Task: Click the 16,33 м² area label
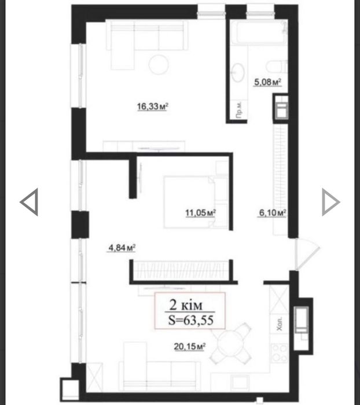click(153, 106)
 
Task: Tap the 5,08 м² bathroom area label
click(267, 82)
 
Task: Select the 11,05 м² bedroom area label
click(200, 213)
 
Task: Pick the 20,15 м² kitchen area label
click(190, 347)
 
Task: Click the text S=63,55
click(191, 321)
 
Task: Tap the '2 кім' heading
click(186, 305)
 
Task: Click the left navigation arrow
click(29, 202)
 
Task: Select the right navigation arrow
click(330, 202)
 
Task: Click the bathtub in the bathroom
click(259, 32)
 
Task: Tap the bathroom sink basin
click(238, 72)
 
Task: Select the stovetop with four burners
click(280, 353)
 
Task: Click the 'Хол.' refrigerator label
click(280, 323)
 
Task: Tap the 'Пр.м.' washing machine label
click(239, 110)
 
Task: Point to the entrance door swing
click(307, 255)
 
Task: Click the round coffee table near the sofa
click(159, 65)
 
